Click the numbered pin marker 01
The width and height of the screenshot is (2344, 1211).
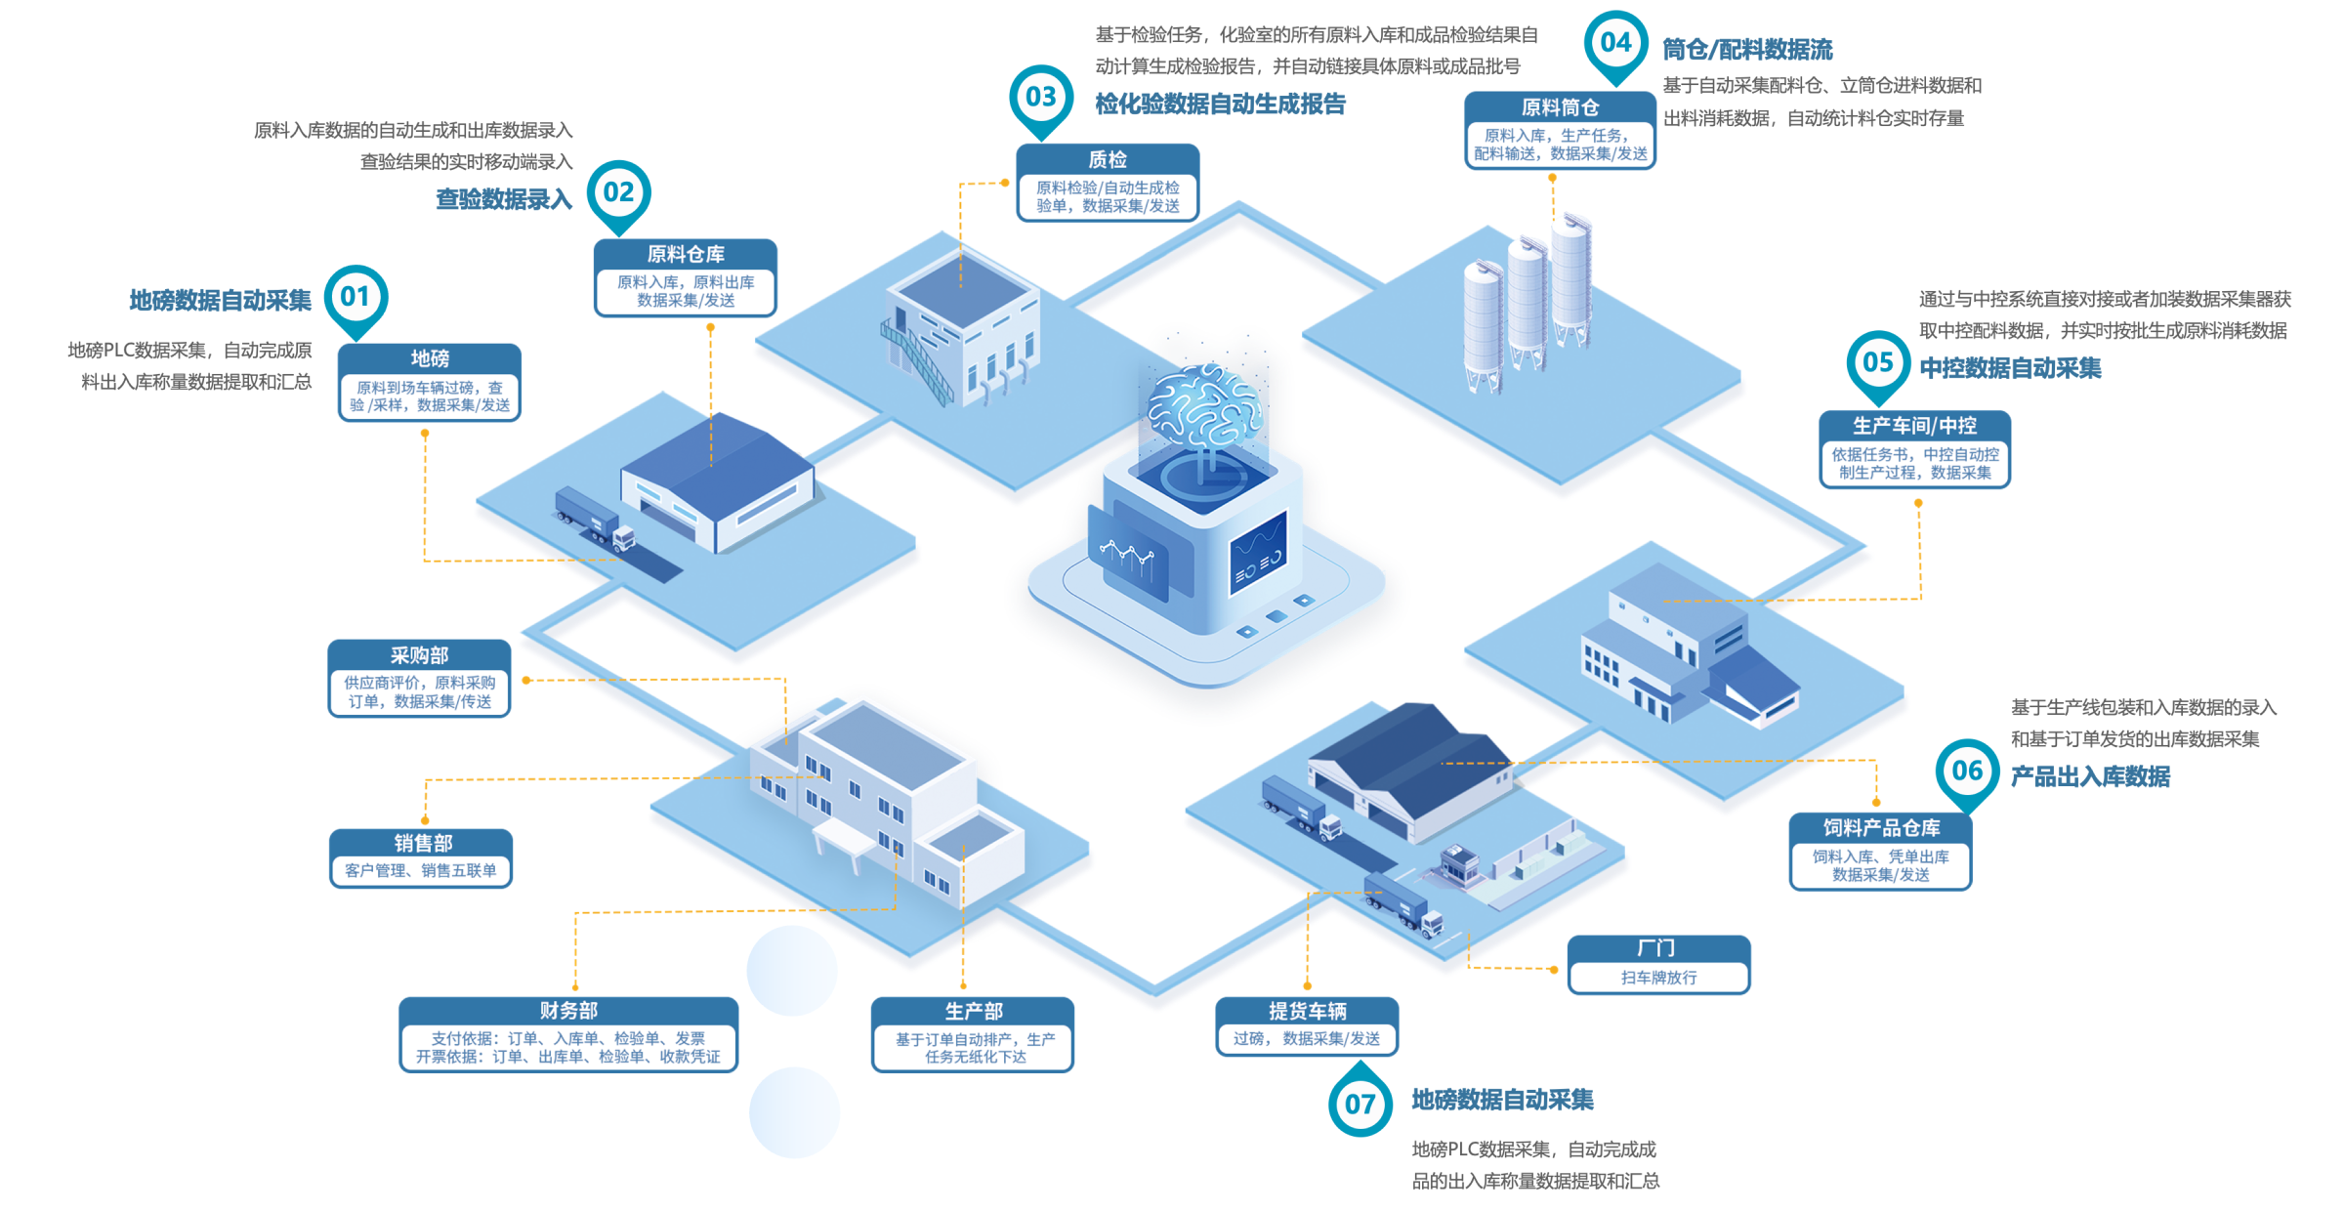click(x=356, y=297)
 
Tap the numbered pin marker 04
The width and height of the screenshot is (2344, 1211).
click(x=1615, y=43)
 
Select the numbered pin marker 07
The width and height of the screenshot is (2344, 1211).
click(x=1360, y=1105)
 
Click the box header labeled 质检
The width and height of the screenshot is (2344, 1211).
click(x=1108, y=159)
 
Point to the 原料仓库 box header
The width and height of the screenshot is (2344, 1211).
click(x=686, y=254)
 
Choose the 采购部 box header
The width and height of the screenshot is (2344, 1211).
click(x=419, y=654)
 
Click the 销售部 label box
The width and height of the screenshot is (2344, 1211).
click(x=421, y=857)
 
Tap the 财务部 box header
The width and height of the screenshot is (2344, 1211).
click(x=568, y=1011)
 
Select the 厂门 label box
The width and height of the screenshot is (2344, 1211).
click(x=1658, y=964)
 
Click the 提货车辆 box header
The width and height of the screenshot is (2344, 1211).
click(x=1307, y=1011)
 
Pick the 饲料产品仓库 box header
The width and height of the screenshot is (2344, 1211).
click(x=1880, y=828)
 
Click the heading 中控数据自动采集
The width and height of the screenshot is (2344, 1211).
click(x=2010, y=368)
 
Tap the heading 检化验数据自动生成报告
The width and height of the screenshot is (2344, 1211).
click(x=1220, y=104)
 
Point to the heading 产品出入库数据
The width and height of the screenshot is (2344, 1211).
click(x=2090, y=776)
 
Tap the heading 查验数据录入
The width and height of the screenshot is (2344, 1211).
click(x=503, y=199)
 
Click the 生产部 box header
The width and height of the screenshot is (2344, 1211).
click(x=973, y=1011)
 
